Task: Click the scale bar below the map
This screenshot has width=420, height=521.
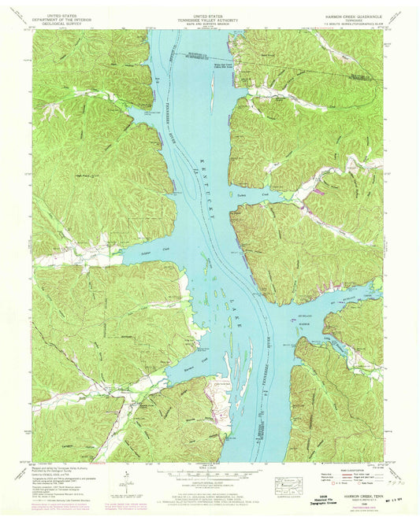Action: tap(210, 473)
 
